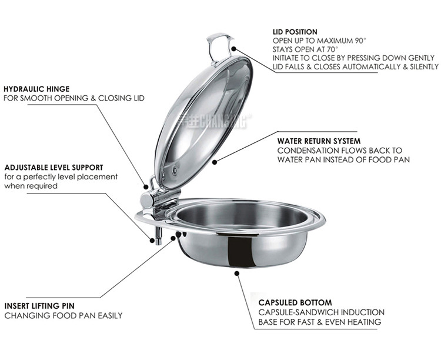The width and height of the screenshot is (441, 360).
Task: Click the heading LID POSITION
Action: point(295,31)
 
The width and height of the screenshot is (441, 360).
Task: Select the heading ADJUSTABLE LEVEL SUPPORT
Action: point(54,167)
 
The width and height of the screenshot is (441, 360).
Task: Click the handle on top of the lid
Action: point(219,47)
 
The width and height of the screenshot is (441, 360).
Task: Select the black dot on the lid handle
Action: point(233,49)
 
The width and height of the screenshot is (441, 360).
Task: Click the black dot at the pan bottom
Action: point(237,272)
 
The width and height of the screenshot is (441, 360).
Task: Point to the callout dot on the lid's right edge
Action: point(215,161)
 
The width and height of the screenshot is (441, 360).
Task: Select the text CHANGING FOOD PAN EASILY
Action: point(64,316)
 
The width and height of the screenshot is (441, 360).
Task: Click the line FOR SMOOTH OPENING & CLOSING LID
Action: point(73,98)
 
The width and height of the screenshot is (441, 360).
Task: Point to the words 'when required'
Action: point(31,186)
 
